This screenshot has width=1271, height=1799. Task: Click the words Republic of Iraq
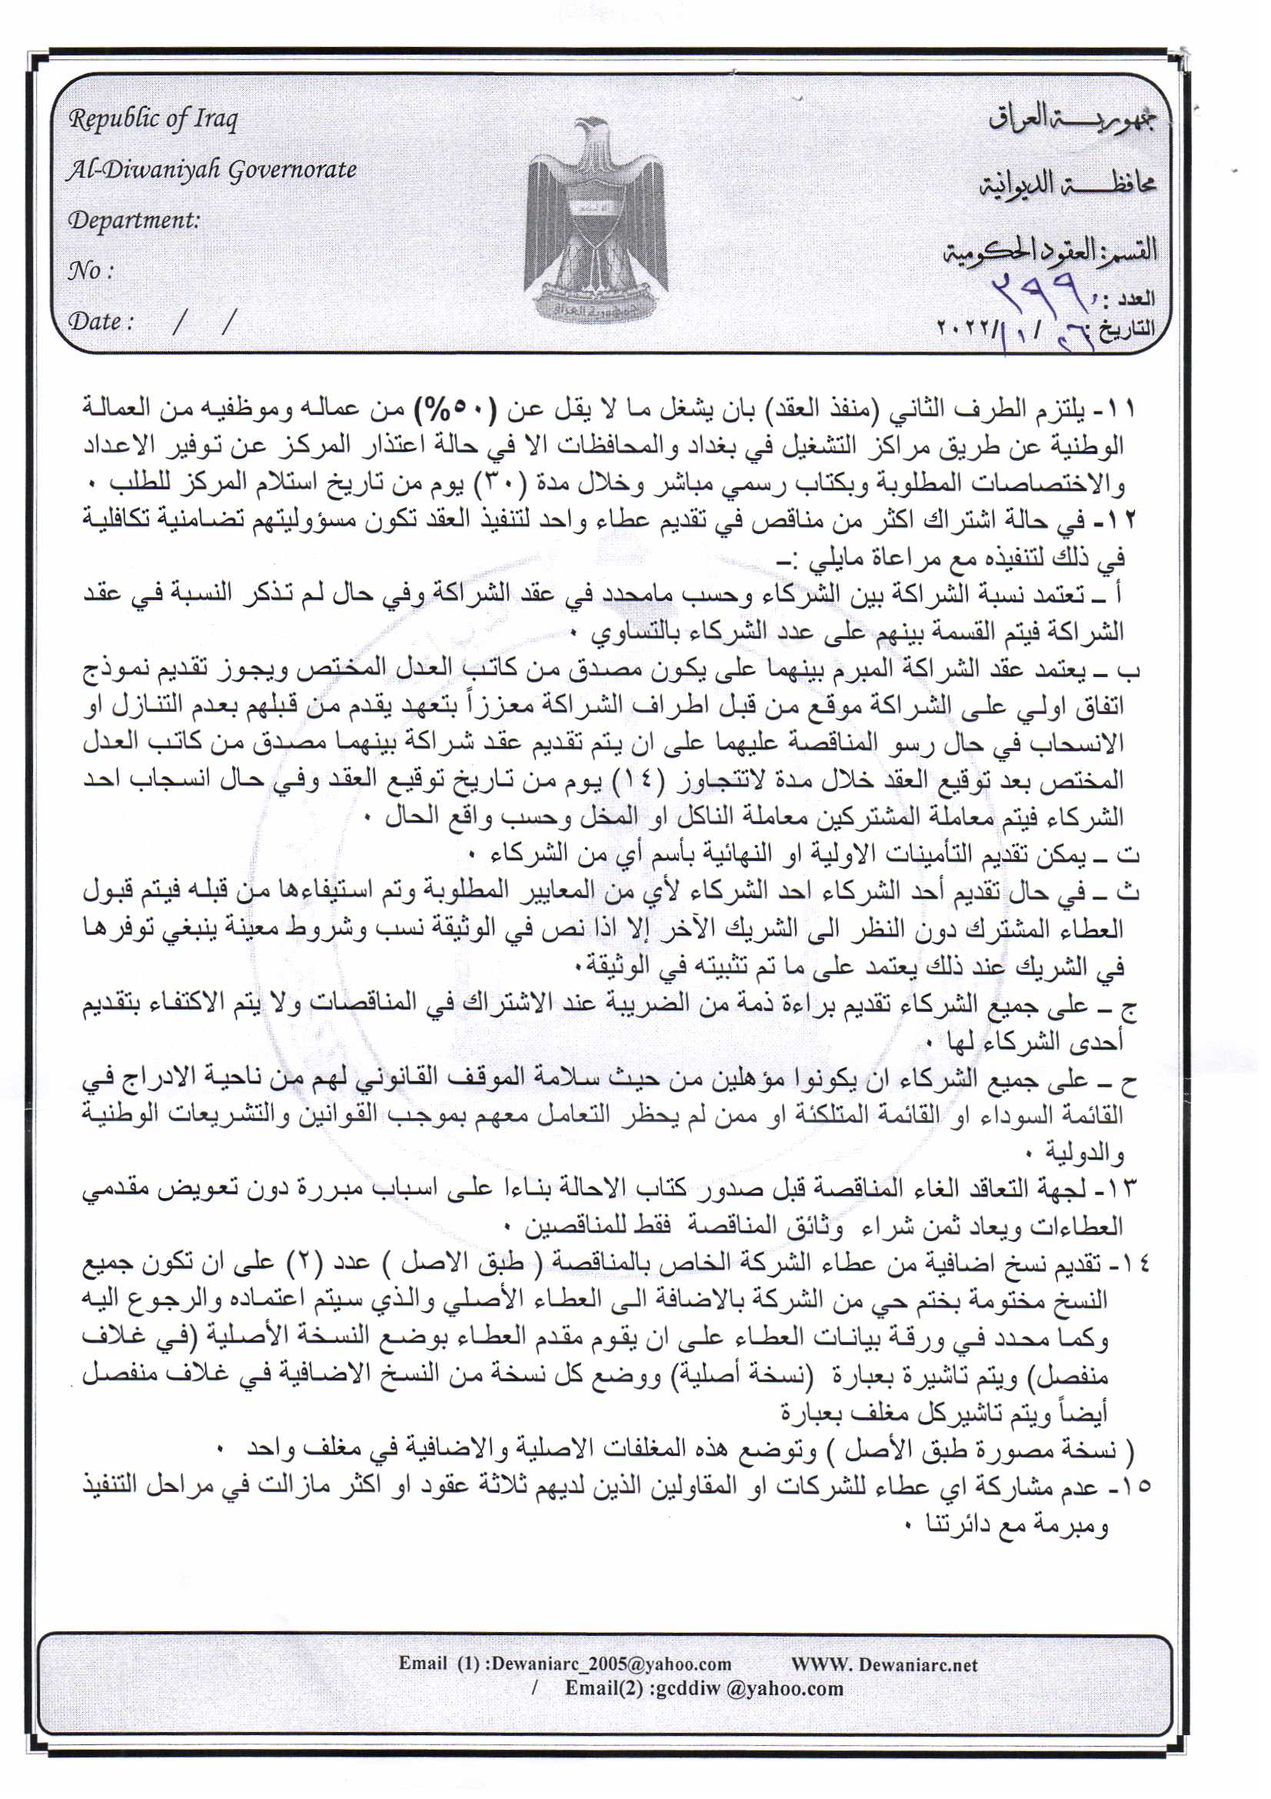[153, 119]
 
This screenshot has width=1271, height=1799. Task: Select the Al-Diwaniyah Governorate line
[211, 170]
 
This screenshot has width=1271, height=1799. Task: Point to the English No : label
[91, 271]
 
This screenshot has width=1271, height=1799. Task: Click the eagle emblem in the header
[593, 219]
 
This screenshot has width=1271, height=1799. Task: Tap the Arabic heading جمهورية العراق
[1071, 120]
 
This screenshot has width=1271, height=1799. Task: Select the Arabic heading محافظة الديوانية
[1067, 185]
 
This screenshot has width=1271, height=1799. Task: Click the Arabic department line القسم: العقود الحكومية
[1050, 252]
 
